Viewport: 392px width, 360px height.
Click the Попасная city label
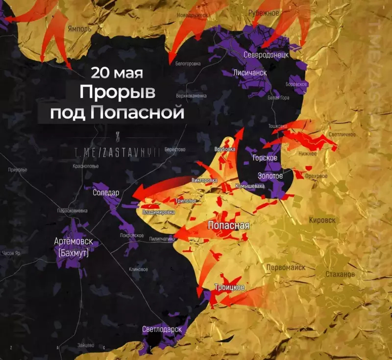pyautogui.click(x=229, y=226)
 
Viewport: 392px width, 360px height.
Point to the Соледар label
pyautogui.click(x=106, y=192)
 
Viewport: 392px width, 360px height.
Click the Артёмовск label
pyautogui.click(x=74, y=242)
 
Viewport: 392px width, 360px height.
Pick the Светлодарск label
pyautogui.click(x=162, y=329)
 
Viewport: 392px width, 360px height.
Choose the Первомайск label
pyautogui.click(x=286, y=267)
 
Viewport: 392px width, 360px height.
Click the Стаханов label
pyautogui.click(x=340, y=274)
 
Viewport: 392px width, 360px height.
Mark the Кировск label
pyautogui.click(x=322, y=220)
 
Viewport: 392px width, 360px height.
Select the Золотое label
pyautogui.click(x=269, y=176)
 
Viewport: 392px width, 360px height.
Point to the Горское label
pyautogui.click(x=265, y=158)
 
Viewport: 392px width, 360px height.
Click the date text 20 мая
pyautogui.click(x=117, y=73)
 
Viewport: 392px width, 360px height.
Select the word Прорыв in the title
pyautogui.click(x=117, y=92)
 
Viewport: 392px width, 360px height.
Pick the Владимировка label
pyautogui.click(x=158, y=213)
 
